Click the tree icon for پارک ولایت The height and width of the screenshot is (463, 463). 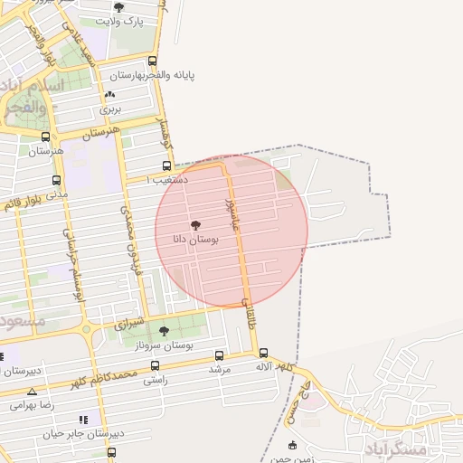click(119, 7)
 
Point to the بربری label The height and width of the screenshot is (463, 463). click(110, 109)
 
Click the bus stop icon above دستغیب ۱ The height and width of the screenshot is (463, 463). click(166, 165)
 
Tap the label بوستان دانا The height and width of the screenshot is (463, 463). click(195, 240)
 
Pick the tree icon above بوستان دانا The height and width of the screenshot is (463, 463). click(196, 224)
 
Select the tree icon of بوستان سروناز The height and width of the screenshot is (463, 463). click(164, 331)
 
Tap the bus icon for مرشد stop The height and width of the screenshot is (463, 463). click(221, 354)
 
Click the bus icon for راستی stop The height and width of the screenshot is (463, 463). click(155, 366)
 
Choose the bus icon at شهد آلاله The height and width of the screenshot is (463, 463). click(263, 353)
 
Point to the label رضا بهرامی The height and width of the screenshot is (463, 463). click(33, 406)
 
